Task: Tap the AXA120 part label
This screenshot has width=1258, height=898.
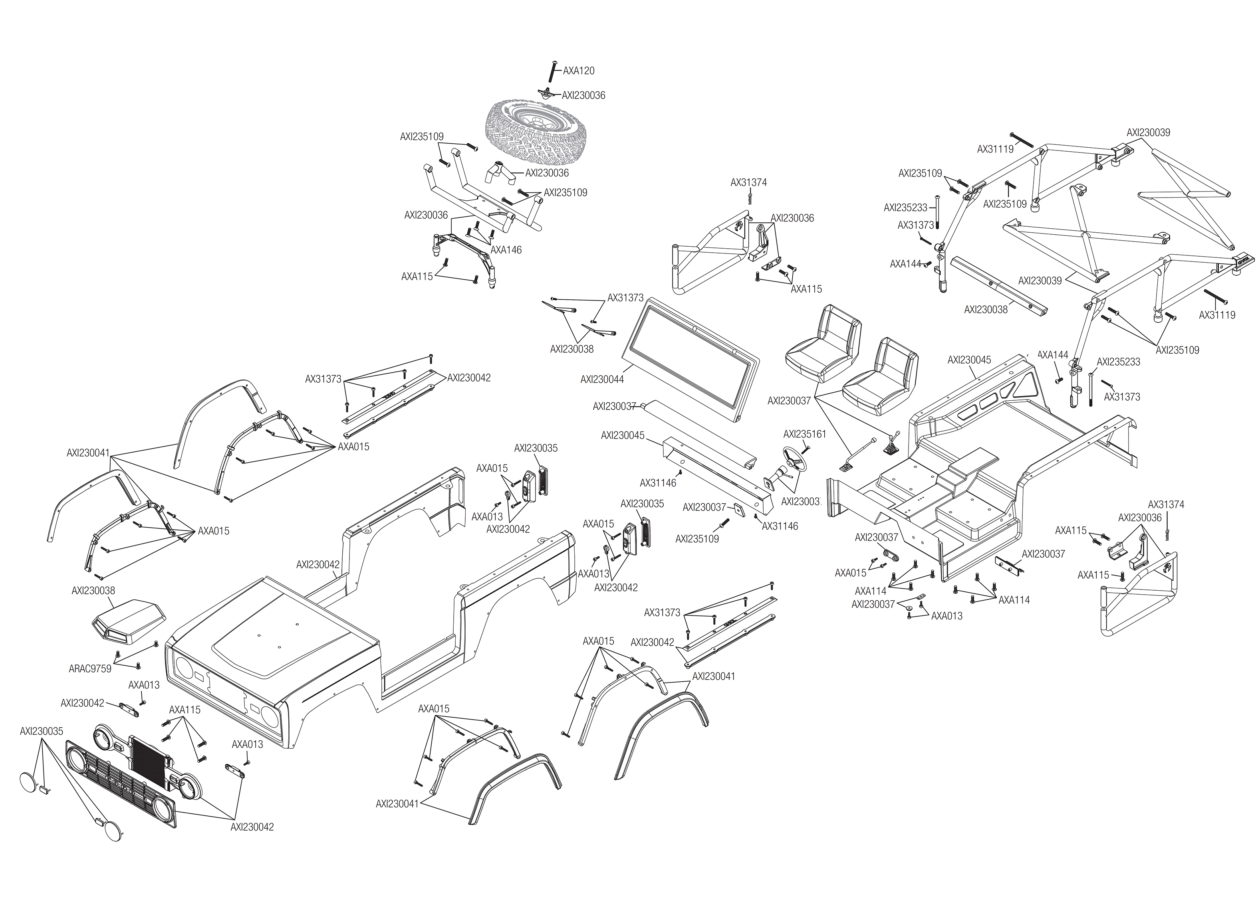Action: (x=579, y=71)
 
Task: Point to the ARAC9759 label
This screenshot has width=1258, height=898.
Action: (x=89, y=669)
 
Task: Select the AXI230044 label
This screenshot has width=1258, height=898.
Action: (x=602, y=379)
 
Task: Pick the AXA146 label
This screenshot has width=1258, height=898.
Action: (x=506, y=250)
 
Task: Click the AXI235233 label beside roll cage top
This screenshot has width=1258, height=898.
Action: (x=905, y=208)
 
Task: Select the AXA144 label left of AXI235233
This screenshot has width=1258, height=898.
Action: (x=905, y=264)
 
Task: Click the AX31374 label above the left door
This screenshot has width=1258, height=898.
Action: (x=748, y=182)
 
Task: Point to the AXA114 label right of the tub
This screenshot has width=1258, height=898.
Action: (x=1014, y=600)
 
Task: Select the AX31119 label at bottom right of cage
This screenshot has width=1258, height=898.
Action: (x=1217, y=315)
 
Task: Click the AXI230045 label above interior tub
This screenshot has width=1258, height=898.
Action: (x=969, y=360)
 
